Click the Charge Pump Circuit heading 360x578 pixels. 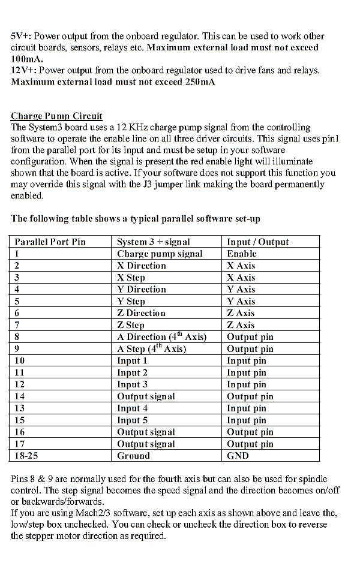pyautogui.click(x=56, y=116)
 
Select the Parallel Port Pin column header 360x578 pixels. pyautogui.click(x=50, y=242)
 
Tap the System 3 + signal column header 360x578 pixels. pyautogui.click(x=153, y=242)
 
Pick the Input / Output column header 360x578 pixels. pyautogui.click(x=257, y=242)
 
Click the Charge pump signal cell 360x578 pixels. pyautogui.click(x=160, y=254)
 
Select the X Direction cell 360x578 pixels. pyautogui.click(x=142, y=266)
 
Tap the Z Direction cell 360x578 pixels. pyautogui.click(x=141, y=313)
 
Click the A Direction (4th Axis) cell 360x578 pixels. pyautogui.click(x=161, y=337)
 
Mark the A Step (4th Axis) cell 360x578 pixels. pyautogui.click(x=151, y=349)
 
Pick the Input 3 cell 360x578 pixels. pyautogui.click(x=132, y=384)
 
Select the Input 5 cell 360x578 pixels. pyautogui.click(x=132, y=420)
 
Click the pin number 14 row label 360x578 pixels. pyautogui.click(x=20, y=396)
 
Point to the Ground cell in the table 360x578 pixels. pyautogui.click(x=133, y=456)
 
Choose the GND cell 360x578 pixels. pyautogui.click(x=238, y=456)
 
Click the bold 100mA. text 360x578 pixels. pyautogui.click(x=27, y=59)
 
